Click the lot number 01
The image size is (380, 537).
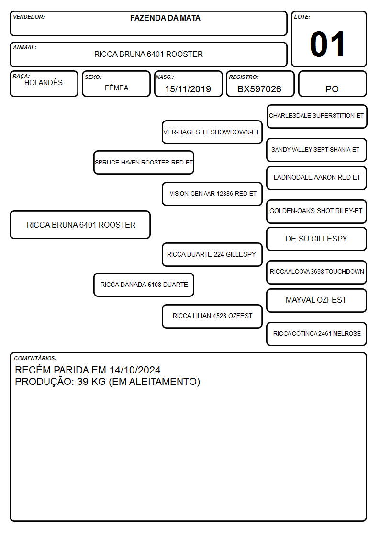[327, 44]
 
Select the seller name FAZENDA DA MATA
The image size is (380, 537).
[165, 18]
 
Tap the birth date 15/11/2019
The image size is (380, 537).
[188, 89]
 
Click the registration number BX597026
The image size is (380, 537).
[259, 89]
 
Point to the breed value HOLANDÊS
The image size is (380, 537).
[44, 82]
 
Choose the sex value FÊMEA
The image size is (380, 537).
[116, 88]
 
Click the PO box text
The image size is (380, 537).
[332, 89]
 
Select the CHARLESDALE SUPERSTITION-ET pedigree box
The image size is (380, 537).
[317, 117]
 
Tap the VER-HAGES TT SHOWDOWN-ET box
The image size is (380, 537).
[212, 132]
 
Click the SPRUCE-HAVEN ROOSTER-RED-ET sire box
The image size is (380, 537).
[144, 162]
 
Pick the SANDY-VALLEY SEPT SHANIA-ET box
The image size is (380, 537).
[317, 150]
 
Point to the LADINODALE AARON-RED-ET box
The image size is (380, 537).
[317, 178]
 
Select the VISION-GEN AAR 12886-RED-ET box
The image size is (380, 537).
[212, 194]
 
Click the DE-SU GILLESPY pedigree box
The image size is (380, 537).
[317, 239]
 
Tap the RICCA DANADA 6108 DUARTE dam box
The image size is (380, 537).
[144, 285]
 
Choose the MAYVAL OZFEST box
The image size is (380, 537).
[317, 300]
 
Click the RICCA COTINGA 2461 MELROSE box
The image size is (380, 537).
[317, 334]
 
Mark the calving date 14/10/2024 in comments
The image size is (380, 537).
[135, 370]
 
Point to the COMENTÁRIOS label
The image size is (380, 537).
[35, 358]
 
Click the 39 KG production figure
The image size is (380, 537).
[91, 382]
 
